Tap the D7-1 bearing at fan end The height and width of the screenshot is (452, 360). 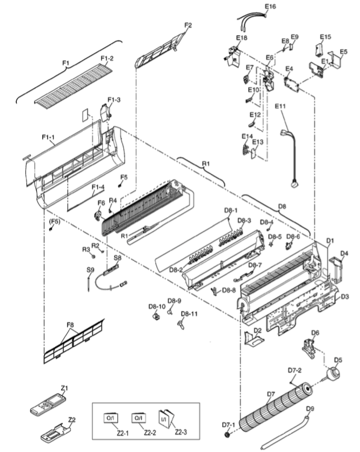coord(229,434)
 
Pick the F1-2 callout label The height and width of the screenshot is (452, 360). coord(107,58)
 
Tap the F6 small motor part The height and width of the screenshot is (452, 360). coord(98,215)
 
